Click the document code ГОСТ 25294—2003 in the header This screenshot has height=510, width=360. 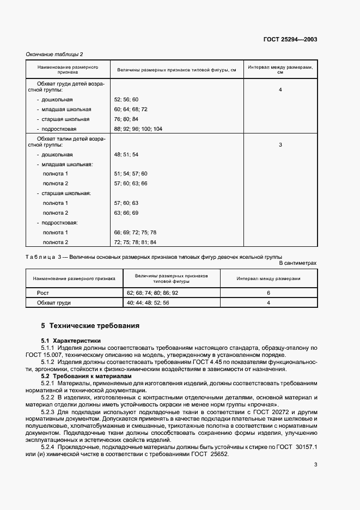291,40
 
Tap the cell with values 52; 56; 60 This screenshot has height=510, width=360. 126,100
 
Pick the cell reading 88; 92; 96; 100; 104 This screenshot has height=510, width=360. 138,129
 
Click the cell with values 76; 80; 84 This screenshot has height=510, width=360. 126,119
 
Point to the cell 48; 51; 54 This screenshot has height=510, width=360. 126,155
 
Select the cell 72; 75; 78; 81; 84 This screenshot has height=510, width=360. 135,242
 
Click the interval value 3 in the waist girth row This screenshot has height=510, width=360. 280,145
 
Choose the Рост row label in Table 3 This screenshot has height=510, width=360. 42,293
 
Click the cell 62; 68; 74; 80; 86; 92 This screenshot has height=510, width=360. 152,293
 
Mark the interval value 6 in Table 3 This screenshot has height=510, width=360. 269,293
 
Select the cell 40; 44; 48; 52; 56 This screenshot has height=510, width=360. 148,302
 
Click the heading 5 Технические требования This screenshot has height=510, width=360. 90,326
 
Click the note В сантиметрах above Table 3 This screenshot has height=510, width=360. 297,263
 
